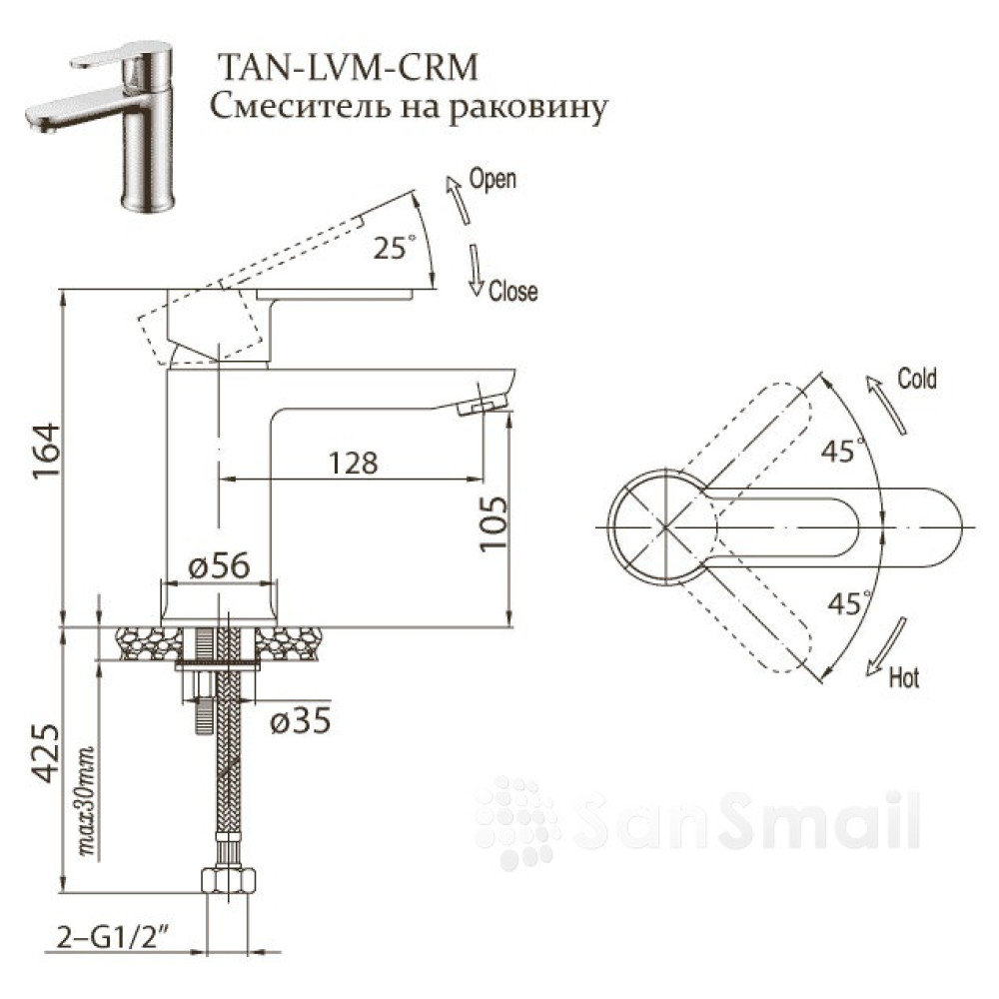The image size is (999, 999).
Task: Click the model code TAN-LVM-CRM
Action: pos(348,67)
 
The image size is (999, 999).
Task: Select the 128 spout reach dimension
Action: pos(354,463)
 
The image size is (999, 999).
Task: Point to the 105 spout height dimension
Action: pos(494,523)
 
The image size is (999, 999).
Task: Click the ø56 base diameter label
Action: pos(219,565)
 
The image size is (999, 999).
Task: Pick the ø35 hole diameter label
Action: pos(300,720)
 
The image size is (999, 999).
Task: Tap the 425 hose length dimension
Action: pos(46,752)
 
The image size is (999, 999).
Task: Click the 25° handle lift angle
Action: pos(395,247)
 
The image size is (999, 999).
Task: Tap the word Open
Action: pos(493,179)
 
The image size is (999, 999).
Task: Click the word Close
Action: pos(512,291)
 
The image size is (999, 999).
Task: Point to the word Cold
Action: pos(917,379)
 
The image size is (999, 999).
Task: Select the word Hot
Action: pos(904,677)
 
